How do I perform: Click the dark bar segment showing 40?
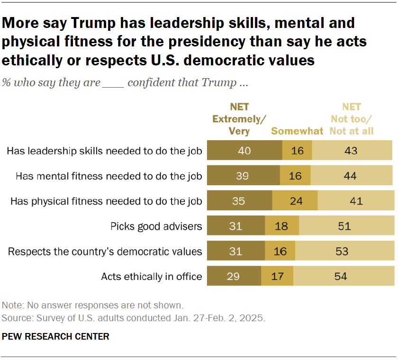[245, 151]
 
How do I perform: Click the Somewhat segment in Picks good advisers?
[282, 226]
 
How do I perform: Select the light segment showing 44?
[351, 176]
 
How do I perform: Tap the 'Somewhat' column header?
[297, 131]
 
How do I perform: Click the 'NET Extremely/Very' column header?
[239, 119]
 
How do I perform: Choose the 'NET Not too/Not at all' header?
[352, 119]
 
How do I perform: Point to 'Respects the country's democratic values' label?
[105, 252]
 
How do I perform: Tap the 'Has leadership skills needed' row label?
[105, 151]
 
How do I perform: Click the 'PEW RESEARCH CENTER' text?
[56, 337]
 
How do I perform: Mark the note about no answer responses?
[92, 305]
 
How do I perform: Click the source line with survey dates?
[134, 317]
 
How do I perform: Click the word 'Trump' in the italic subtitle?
[219, 82]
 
